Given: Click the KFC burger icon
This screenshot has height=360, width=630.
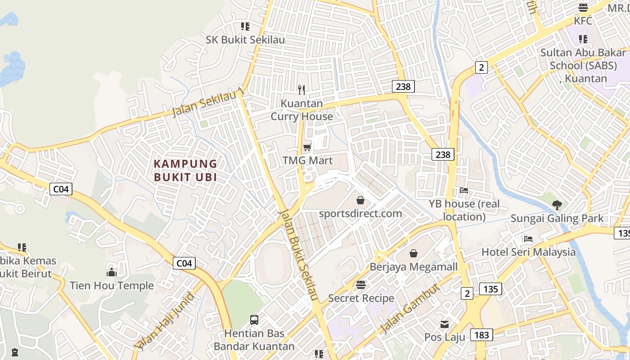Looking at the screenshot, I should tap(583, 7).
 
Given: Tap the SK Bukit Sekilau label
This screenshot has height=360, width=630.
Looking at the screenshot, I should tap(245, 40).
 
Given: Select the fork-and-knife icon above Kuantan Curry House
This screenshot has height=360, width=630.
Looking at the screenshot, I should tap(301, 90).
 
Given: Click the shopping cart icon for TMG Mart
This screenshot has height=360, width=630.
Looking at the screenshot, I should tap(307, 147).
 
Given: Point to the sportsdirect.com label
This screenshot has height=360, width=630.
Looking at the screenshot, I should tap(360, 213).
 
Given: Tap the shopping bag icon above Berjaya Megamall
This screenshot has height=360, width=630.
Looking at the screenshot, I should tap(413, 253).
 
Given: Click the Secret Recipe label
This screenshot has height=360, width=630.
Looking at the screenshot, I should tap(361, 298).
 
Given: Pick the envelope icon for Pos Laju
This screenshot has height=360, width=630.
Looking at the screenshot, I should tap(445, 324).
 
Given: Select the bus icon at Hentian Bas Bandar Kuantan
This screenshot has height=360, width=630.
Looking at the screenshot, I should tap(254, 320).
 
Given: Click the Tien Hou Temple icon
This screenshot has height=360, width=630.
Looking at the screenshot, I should tap(112, 272).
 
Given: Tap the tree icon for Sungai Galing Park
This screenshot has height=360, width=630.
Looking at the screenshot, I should tap(557, 205).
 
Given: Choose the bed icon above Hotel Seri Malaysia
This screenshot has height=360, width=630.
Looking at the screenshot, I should tap(528, 238).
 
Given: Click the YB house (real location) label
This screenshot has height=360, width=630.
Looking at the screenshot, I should tap(464, 210).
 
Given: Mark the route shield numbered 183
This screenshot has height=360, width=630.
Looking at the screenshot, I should tap(481, 335).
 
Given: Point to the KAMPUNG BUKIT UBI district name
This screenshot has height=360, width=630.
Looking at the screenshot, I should tap(185, 170).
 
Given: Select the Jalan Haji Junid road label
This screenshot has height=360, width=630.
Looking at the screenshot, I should tap(165, 320).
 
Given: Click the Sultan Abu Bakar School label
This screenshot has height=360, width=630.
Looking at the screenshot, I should tap(583, 65).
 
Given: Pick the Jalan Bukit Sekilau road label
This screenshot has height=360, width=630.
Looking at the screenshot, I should tap(298, 255).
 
